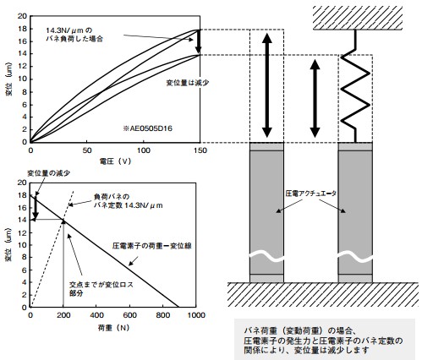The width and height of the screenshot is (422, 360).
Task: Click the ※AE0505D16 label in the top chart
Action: [147, 128]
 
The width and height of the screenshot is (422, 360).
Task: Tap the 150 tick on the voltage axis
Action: [200, 150]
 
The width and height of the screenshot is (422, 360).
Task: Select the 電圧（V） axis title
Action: [116, 161]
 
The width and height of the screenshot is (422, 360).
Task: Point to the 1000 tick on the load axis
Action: [196, 315]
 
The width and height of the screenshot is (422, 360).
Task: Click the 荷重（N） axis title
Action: [113, 328]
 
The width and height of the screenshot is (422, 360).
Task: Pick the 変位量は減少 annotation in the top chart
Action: [188, 83]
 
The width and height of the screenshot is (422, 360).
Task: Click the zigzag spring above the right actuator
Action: [355, 86]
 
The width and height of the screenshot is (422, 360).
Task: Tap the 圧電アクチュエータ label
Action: [311, 194]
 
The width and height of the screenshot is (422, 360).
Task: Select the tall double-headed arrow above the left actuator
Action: [267, 85]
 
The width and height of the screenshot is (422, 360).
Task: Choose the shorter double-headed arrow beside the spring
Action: [315, 99]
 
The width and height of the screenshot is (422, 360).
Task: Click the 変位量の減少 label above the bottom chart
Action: [48, 173]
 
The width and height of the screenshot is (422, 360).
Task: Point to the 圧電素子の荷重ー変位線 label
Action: [152, 246]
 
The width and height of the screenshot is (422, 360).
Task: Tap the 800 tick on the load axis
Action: [163, 315]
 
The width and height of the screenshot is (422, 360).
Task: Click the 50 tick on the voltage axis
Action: [87, 150]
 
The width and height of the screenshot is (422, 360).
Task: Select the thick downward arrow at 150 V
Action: [199, 41]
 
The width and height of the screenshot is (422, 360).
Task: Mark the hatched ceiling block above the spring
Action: [358, 18]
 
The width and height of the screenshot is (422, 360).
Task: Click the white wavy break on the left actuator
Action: [266, 257]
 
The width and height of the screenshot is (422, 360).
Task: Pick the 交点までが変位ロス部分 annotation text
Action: [101, 289]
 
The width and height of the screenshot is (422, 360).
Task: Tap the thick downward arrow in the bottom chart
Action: [36, 206]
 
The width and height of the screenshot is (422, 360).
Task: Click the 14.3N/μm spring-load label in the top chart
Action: [74, 34]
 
